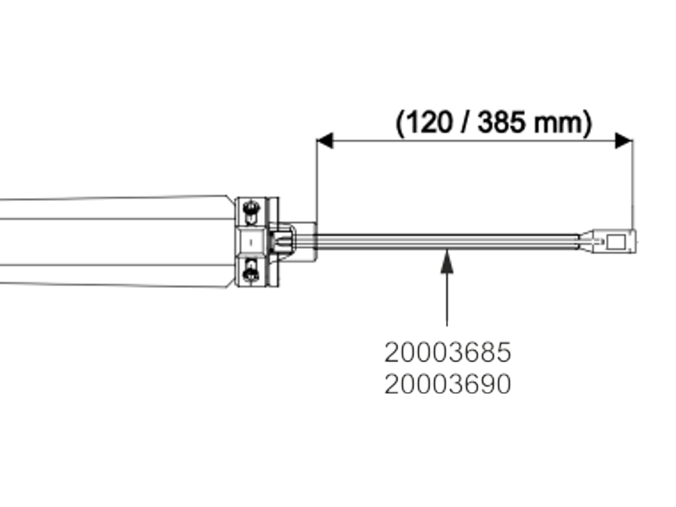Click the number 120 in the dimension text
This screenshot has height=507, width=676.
pos(425,123)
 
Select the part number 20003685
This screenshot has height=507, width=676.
pos(448,353)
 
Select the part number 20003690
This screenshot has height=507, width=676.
pos(448,384)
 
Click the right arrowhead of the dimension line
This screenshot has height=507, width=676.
pos(624,141)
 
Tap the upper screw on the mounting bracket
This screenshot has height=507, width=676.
pos(251,209)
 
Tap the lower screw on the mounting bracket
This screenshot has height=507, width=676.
pos(251,272)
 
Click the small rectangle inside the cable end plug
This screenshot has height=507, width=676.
pos(615,242)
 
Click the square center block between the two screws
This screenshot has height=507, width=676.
pos(251,241)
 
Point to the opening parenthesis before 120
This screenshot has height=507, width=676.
pos(400,123)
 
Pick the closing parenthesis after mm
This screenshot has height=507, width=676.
pos(587,123)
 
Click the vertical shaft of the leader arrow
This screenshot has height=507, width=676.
pos(448,297)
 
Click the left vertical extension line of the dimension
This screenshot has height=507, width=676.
pos(317,185)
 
